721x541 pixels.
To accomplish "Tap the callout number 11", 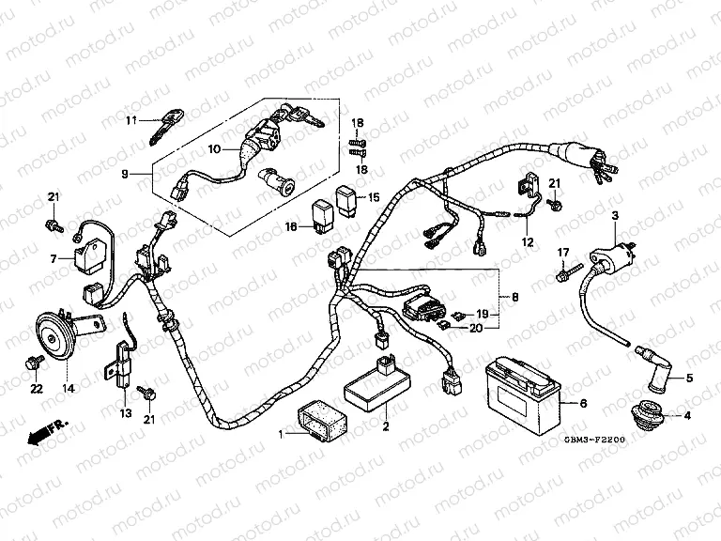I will click(x=132, y=120).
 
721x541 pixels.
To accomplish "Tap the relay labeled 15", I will click(x=346, y=199).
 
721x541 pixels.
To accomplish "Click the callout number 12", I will click(x=527, y=241).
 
